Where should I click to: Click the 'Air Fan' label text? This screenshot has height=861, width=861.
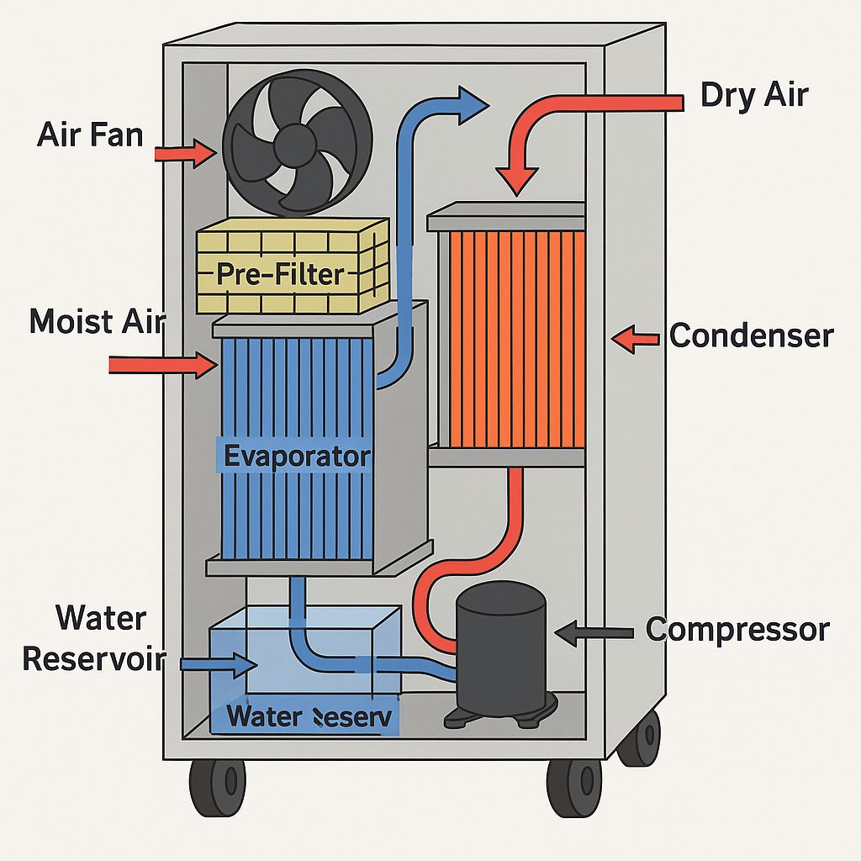pos(90,135)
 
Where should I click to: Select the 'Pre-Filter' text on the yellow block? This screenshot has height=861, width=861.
pos(280,274)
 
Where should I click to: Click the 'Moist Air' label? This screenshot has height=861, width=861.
pos(97,321)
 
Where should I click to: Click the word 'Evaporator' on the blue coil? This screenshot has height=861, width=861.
pos(297,456)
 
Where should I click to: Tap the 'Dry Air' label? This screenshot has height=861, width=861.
pos(753,95)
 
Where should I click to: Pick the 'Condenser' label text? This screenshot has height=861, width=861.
pos(751,336)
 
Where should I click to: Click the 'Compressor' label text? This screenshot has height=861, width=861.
pos(737,629)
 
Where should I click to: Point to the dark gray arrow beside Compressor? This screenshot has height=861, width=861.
pos(593,632)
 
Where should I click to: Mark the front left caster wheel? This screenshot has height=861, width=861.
pos(217,787)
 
